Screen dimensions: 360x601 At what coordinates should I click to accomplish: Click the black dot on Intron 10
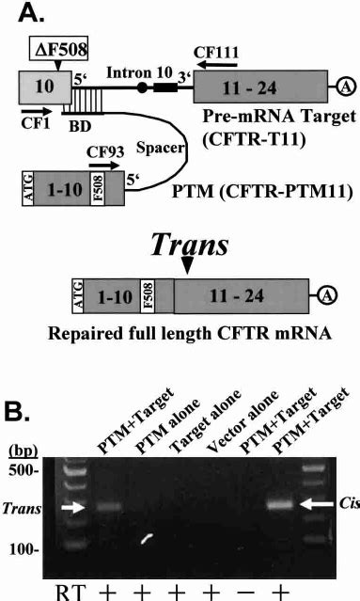[141, 88]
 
